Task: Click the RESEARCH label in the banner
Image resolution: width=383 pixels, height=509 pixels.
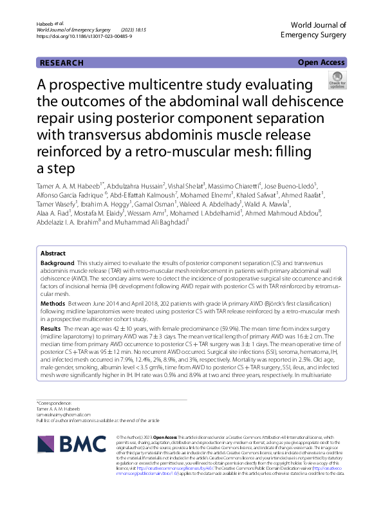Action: (x=62, y=63)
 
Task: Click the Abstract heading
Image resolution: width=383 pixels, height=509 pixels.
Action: (x=53, y=254)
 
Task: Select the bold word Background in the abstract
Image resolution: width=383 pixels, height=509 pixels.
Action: (x=57, y=264)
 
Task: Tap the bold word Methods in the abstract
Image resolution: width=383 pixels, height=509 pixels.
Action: (x=53, y=302)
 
